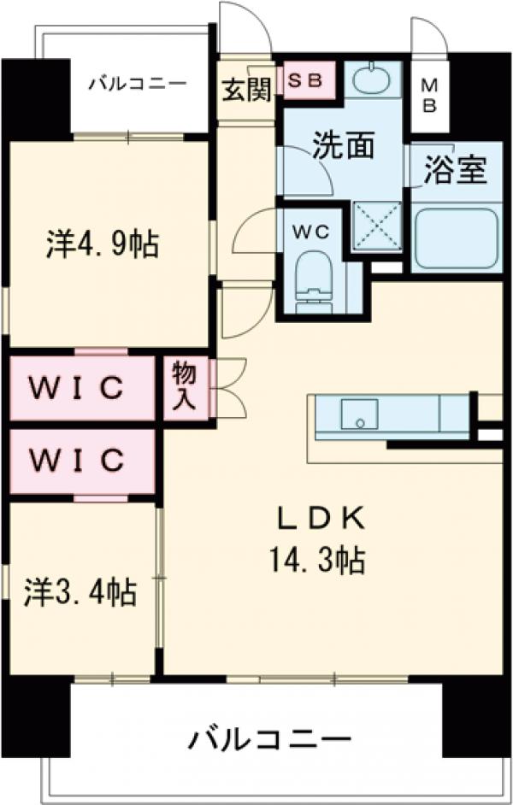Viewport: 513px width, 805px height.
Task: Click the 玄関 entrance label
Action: pos(245,89)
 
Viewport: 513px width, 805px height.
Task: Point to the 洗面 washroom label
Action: pos(343,145)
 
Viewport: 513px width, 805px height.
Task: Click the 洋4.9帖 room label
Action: pos(102,244)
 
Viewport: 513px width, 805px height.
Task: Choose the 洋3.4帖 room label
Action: pos(80,591)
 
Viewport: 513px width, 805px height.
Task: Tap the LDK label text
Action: pos(321,518)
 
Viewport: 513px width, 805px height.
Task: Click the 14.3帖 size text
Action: pos(318,561)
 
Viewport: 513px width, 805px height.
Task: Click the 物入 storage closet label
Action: pos(184,386)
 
